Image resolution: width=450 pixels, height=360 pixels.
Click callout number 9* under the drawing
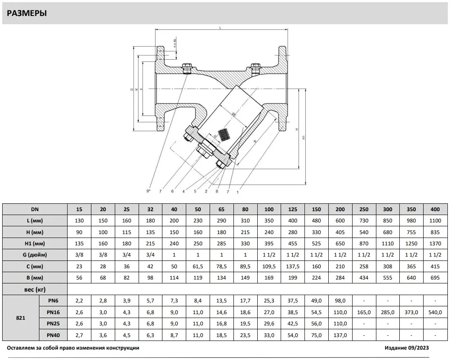[148, 191]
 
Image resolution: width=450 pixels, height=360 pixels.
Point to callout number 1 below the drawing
[237, 191]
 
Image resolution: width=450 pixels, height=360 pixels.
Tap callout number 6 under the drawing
[172, 191]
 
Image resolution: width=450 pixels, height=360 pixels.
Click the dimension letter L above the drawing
[220, 27]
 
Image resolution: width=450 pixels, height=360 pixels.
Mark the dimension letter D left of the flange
[132, 90]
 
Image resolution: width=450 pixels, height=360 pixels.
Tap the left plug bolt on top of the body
[187, 68]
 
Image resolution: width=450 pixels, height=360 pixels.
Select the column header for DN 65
[222, 209]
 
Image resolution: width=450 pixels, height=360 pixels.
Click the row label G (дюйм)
[35, 254]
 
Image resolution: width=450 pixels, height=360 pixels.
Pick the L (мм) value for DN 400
[435, 221]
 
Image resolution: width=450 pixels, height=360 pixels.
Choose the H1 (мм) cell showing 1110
[388, 243]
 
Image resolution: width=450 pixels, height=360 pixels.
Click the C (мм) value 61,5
[198, 266]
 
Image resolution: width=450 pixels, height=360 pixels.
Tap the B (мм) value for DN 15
[79, 277]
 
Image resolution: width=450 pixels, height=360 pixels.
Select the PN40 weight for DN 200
[340, 335]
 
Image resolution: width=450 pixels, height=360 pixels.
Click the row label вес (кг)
[35, 289]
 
